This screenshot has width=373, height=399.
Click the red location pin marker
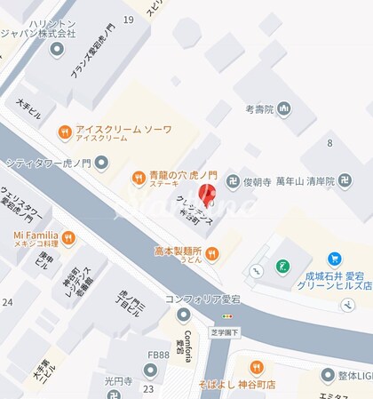tap(210, 195)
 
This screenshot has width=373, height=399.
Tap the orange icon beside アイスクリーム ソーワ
tap(64, 132)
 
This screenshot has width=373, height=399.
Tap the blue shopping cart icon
tap(334, 259)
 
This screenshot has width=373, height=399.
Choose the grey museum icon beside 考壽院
tap(284, 109)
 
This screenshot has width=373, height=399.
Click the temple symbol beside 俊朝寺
tap(232, 180)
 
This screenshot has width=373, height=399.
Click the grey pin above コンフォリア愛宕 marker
tap(184, 314)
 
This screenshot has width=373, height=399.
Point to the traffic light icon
tap(227, 316)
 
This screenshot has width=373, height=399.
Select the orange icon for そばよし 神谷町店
tap(256, 367)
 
